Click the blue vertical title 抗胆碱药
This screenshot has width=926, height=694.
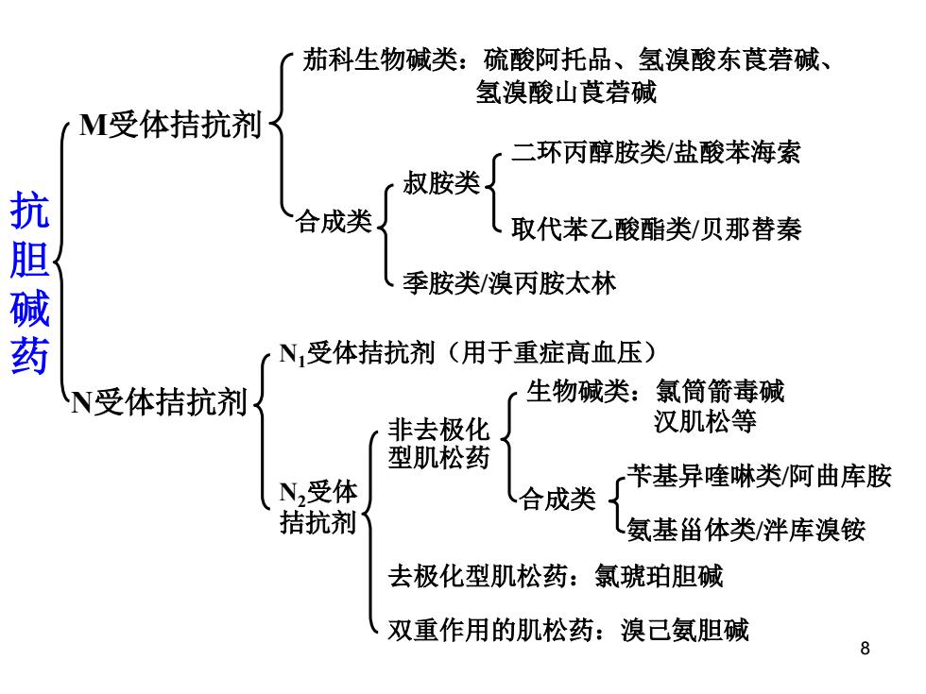(29, 282)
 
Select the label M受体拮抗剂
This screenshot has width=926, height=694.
(170, 125)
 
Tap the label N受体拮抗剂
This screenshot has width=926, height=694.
(159, 402)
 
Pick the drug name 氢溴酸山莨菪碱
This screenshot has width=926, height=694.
(566, 93)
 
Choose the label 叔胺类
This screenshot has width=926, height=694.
(440, 182)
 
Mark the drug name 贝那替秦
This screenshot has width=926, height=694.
(750, 229)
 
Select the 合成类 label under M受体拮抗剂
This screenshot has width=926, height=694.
(334, 221)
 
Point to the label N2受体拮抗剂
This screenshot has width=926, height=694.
(318, 508)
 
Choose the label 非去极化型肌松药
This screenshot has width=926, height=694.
(438, 444)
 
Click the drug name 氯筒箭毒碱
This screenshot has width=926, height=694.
(719, 391)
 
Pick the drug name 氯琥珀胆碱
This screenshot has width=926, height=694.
(658, 577)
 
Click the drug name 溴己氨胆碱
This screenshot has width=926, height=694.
(685, 630)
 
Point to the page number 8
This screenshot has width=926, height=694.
(865, 648)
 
